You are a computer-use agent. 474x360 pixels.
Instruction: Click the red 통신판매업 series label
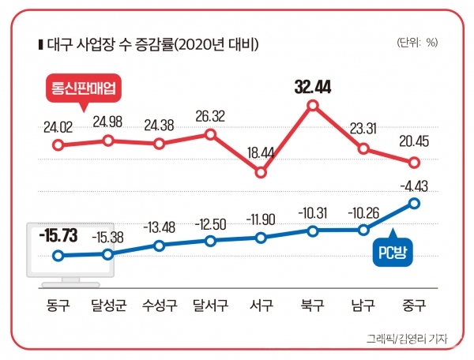click(x=82, y=90)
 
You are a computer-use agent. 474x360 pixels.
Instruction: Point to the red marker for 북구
click(x=313, y=105)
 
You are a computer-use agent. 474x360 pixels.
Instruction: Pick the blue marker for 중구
click(x=414, y=203)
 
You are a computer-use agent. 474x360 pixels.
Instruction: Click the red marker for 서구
click(x=261, y=173)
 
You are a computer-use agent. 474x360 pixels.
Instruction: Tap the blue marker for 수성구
click(x=159, y=246)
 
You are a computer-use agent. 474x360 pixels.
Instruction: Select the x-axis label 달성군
click(x=107, y=304)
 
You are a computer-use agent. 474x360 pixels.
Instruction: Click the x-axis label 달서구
click(x=210, y=304)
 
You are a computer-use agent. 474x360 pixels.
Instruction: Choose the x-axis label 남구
click(x=363, y=304)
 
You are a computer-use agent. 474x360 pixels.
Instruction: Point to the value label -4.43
click(x=413, y=186)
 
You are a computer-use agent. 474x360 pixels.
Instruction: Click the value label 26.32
click(x=210, y=117)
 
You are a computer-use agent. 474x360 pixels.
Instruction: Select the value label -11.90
click(x=261, y=219)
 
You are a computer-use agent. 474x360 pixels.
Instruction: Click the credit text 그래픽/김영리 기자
click(x=408, y=339)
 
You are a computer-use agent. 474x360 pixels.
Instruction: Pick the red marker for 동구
click(x=57, y=145)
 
